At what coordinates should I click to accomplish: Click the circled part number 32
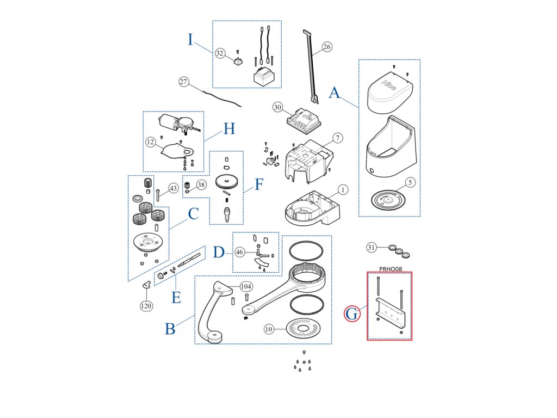pos(220,53)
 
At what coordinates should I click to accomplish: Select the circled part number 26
pos(326,47)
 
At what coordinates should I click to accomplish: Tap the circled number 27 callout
pos(184,82)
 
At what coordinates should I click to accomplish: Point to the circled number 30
pos(278,108)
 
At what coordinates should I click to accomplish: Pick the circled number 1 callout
pos(343,189)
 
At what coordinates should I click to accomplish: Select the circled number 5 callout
pos(411,182)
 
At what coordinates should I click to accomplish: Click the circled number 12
pos(150,142)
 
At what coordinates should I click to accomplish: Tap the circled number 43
pos(173,188)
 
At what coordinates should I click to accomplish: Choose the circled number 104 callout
pos(246,286)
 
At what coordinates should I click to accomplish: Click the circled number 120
pos(146,306)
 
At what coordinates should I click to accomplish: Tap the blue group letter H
pos(229,129)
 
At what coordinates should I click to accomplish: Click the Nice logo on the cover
pos(390,85)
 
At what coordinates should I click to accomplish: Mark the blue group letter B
pos(170,329)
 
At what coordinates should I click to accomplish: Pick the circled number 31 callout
pos(372,248)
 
